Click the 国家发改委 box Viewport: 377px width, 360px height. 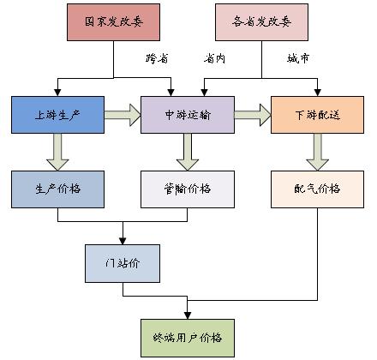[113, 22]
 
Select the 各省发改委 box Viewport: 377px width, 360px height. [261, 22]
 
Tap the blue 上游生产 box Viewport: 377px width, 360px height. [57, 115]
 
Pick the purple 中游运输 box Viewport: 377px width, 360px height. [188, 115]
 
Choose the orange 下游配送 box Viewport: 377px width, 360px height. [317, 115]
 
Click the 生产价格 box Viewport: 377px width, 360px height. [57, 189]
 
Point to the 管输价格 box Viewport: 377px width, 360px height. [188, 189]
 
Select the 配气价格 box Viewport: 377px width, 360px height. [317, 189]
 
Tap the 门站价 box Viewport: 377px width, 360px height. [123, 263]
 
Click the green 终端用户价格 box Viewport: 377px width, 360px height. [188, 338]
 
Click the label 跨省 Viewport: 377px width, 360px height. [157, 58]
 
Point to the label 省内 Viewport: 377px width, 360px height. [214, 58]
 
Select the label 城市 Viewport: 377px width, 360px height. [298, 58]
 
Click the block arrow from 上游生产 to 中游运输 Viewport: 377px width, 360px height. [123, 115]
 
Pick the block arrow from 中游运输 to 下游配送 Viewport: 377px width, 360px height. [253, 115]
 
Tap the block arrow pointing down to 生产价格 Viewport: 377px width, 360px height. [57, 152]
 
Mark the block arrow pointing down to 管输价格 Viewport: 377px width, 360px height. [188, 152]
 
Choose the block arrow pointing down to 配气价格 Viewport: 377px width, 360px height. [317, 152]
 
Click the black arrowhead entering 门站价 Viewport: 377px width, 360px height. [123, 241]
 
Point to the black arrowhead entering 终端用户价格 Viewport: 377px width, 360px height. [188, 315]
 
